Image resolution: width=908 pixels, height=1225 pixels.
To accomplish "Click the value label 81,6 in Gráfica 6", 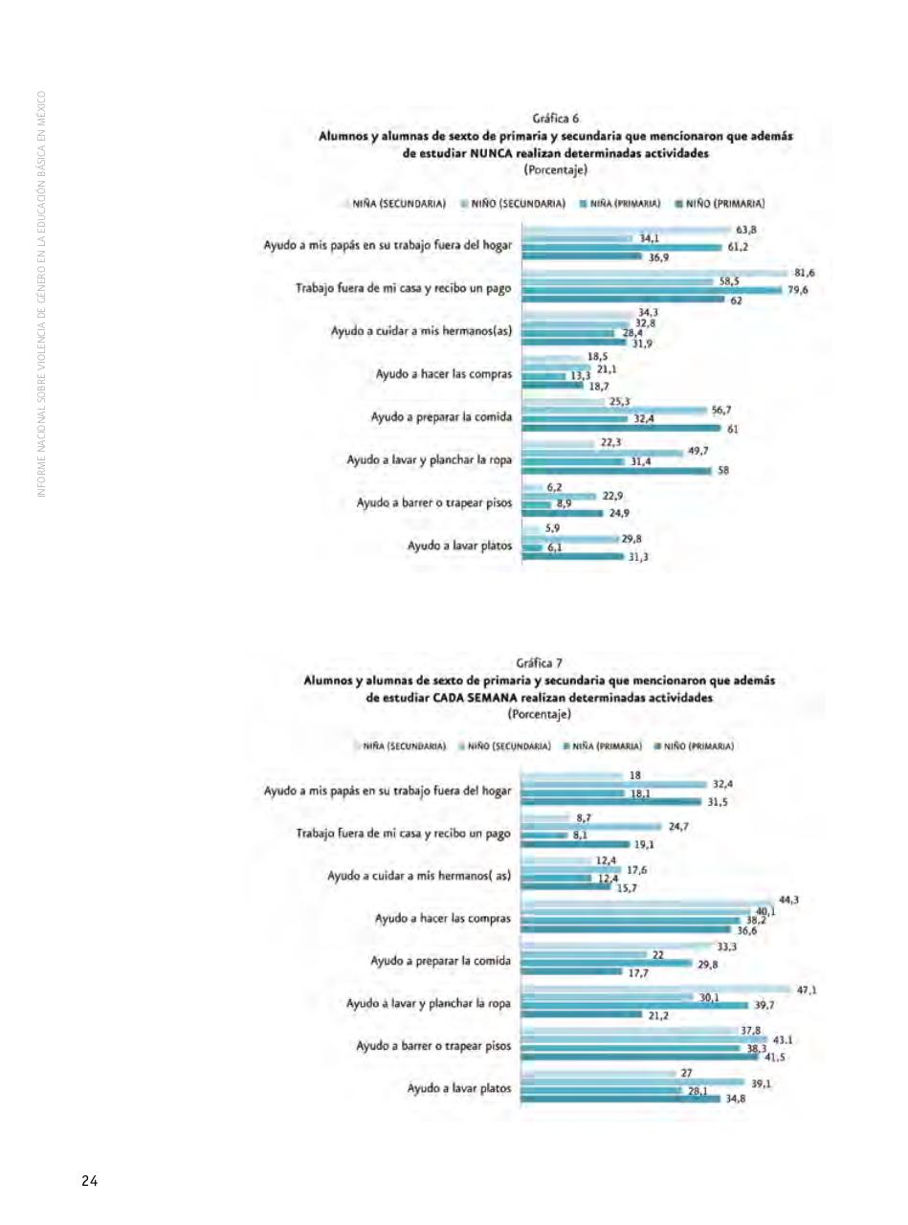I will point(804,274).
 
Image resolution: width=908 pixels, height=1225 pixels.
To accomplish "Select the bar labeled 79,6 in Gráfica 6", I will point(651,290).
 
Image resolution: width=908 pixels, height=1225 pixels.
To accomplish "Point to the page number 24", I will point(88,1181).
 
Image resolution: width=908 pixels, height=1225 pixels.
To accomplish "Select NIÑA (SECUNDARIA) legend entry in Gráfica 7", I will point(405,746).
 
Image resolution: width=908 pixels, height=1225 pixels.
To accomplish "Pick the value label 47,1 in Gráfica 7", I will point(806,991).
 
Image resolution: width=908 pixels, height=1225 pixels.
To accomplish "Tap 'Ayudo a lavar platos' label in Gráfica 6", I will point(459,546).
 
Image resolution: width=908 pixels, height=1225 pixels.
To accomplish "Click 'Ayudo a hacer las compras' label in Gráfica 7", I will point(442,918).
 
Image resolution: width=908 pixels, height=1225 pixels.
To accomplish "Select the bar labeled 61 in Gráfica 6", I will point(622,429).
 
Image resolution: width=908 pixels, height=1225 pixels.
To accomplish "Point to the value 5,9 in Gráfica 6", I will point(553,527).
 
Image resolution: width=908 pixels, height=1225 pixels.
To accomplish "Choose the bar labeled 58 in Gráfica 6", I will point(617,470).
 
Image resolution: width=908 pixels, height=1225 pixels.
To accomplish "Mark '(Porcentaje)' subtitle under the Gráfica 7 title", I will point(539,714).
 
